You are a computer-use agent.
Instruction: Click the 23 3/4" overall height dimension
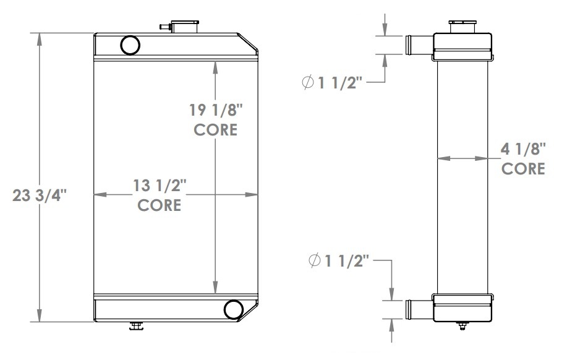(x=39, y=196)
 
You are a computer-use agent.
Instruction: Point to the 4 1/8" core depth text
(x=523, y=150)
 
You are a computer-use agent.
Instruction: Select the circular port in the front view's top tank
(x=130, y=45)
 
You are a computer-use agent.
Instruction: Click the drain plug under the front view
(x=136, y=325)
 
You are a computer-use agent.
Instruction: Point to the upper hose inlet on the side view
(x=417, y=45)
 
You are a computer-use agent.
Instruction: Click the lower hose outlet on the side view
(x=417, y=309)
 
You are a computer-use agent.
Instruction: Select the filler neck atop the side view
(x=463, y=25)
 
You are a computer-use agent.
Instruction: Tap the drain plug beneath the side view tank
(x=463, y=325)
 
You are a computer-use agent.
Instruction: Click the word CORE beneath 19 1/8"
(x=215, y=130)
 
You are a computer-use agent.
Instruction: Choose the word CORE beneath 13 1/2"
(x=160, y=205)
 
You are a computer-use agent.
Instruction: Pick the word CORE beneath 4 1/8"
(x=523, y=168)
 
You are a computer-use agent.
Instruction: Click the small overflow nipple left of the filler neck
(x=165, y=27)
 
